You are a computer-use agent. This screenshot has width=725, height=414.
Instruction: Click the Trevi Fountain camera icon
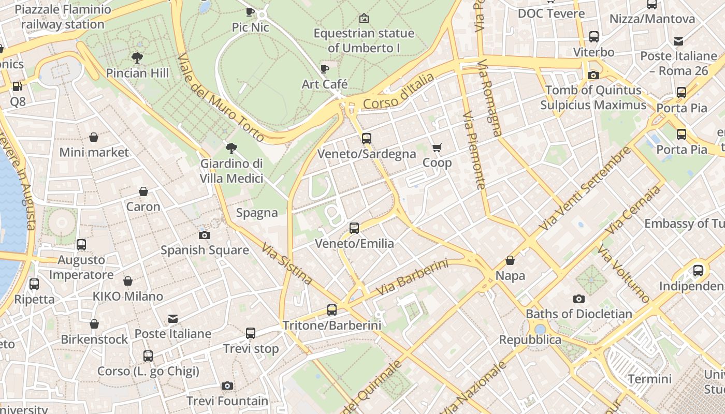227,386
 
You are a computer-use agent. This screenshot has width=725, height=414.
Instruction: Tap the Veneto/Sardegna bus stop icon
367,138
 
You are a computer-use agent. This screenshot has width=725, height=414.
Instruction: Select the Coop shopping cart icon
437,148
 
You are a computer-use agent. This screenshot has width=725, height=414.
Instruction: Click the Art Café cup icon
325,69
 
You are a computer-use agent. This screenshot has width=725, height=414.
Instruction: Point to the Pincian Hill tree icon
137,57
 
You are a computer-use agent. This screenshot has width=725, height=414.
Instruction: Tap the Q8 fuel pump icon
18,86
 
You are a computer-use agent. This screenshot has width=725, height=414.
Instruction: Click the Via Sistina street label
287,264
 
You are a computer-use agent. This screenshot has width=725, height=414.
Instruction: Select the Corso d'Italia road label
398,92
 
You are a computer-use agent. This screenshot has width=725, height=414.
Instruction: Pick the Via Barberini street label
412,277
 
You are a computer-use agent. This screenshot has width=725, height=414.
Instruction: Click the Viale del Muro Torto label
221,97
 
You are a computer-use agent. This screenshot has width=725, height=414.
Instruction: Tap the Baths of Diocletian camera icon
579,299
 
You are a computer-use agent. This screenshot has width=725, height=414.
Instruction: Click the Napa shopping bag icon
510,260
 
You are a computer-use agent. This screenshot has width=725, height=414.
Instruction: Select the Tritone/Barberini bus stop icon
332,310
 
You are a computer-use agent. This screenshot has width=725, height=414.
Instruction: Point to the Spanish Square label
205,250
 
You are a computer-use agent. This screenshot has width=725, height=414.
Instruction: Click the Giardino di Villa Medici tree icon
231,149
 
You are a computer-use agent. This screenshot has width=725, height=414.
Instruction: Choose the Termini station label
649,379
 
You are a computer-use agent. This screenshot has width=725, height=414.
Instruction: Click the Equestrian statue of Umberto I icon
364,18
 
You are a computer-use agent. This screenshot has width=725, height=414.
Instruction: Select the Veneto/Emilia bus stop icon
354,228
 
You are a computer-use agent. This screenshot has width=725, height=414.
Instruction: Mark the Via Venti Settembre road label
585,189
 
